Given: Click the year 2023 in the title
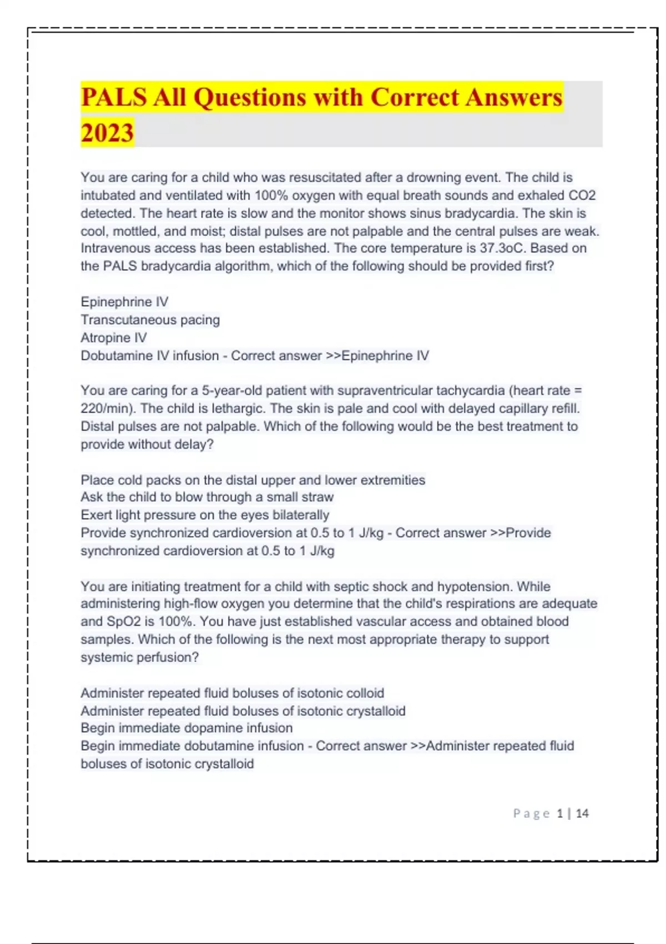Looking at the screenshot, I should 107,133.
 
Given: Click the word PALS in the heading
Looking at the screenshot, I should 114,97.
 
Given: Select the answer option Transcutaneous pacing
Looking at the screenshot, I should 150,320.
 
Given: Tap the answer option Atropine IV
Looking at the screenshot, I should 114,338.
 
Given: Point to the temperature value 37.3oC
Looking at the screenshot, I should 502,248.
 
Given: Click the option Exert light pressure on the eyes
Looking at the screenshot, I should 205,515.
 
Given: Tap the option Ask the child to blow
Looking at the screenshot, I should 207,497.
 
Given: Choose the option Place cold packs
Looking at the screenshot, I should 253,480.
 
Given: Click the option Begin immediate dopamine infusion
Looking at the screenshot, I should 186,728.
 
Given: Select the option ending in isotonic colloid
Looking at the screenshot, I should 232,693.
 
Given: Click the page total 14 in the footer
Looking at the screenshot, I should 582,814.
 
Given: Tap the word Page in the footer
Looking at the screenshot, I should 531,814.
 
